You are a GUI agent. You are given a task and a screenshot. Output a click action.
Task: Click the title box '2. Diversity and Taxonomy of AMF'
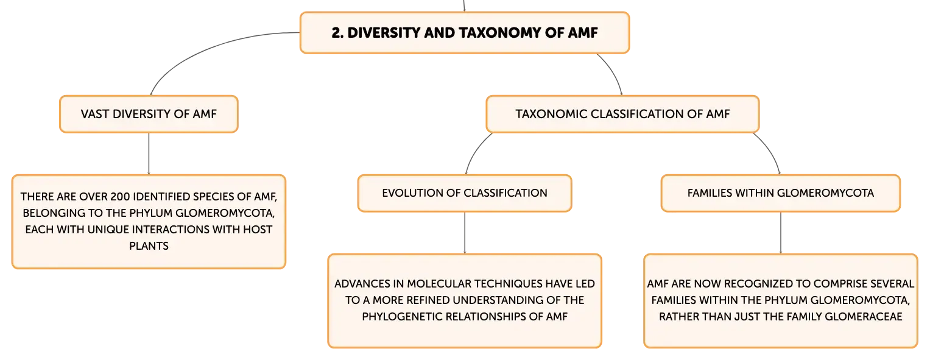[x=465, y=32]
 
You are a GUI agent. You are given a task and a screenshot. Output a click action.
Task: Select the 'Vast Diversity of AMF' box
[x=149, y=114]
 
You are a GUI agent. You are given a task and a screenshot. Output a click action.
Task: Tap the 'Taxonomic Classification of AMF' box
[x=622, y=114]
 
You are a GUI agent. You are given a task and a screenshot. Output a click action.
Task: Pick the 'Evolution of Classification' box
[x=465, y=193]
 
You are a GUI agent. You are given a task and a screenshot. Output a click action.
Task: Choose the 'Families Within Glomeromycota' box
[x=781, y=193]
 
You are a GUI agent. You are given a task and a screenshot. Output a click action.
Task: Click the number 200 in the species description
[x=119, y=196]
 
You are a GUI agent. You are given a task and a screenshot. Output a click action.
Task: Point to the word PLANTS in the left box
[x=149, y=246]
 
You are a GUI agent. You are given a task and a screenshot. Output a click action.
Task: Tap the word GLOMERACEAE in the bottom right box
[x=863, y=317]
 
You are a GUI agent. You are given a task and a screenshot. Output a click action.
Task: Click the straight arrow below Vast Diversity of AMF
[x=149, y=154]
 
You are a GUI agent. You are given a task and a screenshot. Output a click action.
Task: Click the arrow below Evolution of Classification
[x=465, y=233]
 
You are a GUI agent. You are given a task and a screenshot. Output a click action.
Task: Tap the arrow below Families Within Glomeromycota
[x=781, y=233]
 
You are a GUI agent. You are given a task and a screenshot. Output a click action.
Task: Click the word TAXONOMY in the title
[x=499, y=32]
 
